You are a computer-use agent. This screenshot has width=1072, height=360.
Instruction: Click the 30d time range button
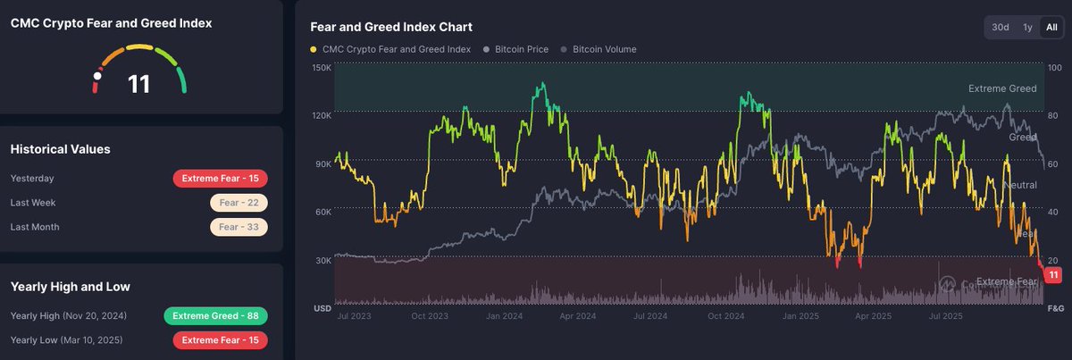[x=1000, y=28]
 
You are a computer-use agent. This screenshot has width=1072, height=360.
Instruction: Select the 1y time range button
[x=1027, y=28]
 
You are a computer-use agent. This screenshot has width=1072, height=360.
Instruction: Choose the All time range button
[x=1051, y=28]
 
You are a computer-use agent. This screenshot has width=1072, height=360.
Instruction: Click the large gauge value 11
[x=139, y=84]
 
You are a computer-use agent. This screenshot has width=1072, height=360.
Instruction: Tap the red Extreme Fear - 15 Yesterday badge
[x=220, y=179]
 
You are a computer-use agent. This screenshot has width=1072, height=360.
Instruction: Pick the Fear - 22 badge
[x=239, y=203]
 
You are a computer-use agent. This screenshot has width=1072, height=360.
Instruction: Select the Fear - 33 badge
[x=239, y=227]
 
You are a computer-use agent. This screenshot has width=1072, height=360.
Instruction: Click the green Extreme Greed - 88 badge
[x=215, y=316]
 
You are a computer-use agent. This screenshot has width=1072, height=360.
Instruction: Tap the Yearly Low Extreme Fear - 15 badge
[x=220, y=340]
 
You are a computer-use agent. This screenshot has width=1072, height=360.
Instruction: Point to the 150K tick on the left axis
[x=321, y=68]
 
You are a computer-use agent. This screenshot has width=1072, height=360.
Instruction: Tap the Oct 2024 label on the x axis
[x=724, y=315]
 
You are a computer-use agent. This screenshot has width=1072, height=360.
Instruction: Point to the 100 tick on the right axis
[x=1053, y=68]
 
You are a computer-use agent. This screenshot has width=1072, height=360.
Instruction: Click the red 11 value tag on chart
[x=1053, y=275]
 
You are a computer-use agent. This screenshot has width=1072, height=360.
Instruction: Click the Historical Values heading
[x=60, y=149]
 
